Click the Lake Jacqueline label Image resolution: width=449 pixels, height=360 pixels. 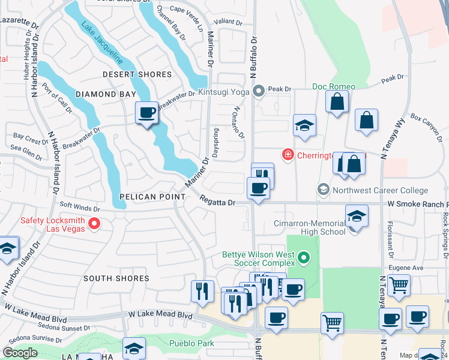[101, 43]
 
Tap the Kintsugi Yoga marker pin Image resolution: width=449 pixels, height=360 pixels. [259, 92]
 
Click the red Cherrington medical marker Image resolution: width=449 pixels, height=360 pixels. [288, 155]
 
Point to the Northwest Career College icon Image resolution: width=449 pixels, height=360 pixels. [324, 190]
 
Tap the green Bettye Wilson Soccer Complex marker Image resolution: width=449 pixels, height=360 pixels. [304, 259]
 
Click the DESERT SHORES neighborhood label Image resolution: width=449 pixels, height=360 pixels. [137, 75]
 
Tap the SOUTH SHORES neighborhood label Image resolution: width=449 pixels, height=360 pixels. [116, 278]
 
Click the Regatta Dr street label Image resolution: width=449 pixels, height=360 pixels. [217, 203]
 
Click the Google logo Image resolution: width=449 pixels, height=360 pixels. [20, 352]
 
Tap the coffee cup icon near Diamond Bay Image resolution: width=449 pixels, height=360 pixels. [146, 112]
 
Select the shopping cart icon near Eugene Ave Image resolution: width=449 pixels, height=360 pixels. [399, 286]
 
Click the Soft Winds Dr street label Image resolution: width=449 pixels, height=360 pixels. [79, 208]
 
